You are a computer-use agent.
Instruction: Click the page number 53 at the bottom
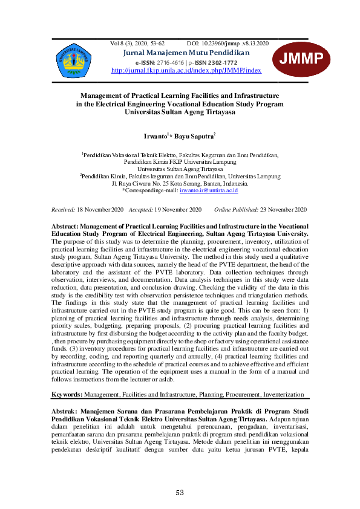180,493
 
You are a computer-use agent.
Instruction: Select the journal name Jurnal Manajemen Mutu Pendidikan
186,53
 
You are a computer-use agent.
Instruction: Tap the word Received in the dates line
63,210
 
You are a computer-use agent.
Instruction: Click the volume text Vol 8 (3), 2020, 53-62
137,44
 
